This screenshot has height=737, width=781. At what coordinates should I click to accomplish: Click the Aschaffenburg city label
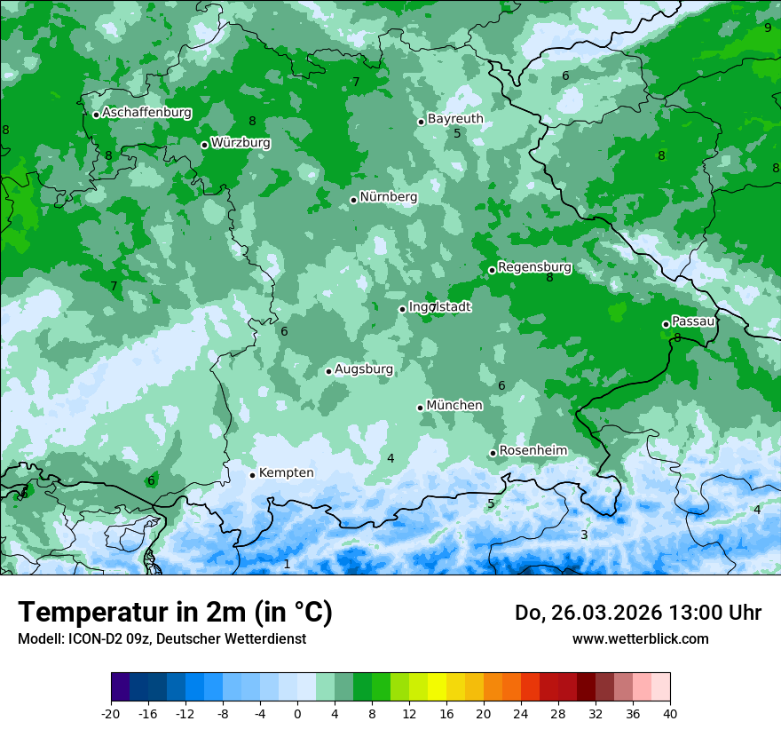pyautogui.click(x=146, y=113)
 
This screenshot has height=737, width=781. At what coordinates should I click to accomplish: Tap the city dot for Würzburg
pyautogui.click(x=204, y=145)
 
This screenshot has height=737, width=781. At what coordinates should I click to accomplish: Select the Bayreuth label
pyautogui.click(x=455, y=118)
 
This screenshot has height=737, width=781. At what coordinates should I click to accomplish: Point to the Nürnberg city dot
pyautogui.click(x=353, y=200)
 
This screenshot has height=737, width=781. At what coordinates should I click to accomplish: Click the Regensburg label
pyautogui.click(x=534, y=266)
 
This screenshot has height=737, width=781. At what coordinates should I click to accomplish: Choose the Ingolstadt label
pyautogui.click(x=440, y=306)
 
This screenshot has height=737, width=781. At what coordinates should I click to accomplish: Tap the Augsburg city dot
pyautogui.click(x=328, y=371)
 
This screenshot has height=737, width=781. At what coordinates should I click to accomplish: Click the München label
pyautogui.click(x=454, y=405)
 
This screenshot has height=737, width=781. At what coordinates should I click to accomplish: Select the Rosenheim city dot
pyautogui.click(x=493, y=454)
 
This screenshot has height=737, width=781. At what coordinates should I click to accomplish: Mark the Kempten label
pyautogui.click(x=286, y=472)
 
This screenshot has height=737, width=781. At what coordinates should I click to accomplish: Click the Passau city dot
pyautogui.click(x=666, y=324)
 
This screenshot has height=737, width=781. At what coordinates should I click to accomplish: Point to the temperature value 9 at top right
pyautogui.click(x=768, y=28)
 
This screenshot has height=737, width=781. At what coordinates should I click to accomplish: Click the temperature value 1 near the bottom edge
pyautogui.click(x=287, y=564)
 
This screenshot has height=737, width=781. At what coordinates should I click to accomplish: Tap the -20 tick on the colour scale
pyautogui.click(x=111, y=713)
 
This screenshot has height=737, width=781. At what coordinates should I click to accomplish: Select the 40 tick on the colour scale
pyautogui.click(x=669, y=713)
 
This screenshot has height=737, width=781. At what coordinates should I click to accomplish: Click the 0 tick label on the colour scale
pyautogui.click(x=297, y=713)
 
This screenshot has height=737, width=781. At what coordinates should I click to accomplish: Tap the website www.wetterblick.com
pyautogui.click(x=640, y=638)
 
